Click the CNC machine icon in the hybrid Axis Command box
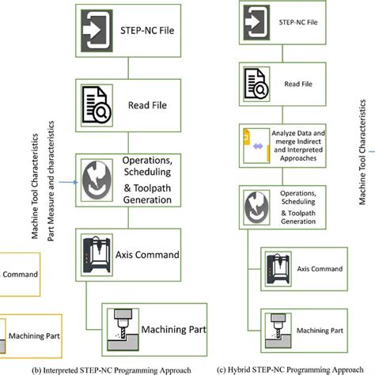click(276, 270)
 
